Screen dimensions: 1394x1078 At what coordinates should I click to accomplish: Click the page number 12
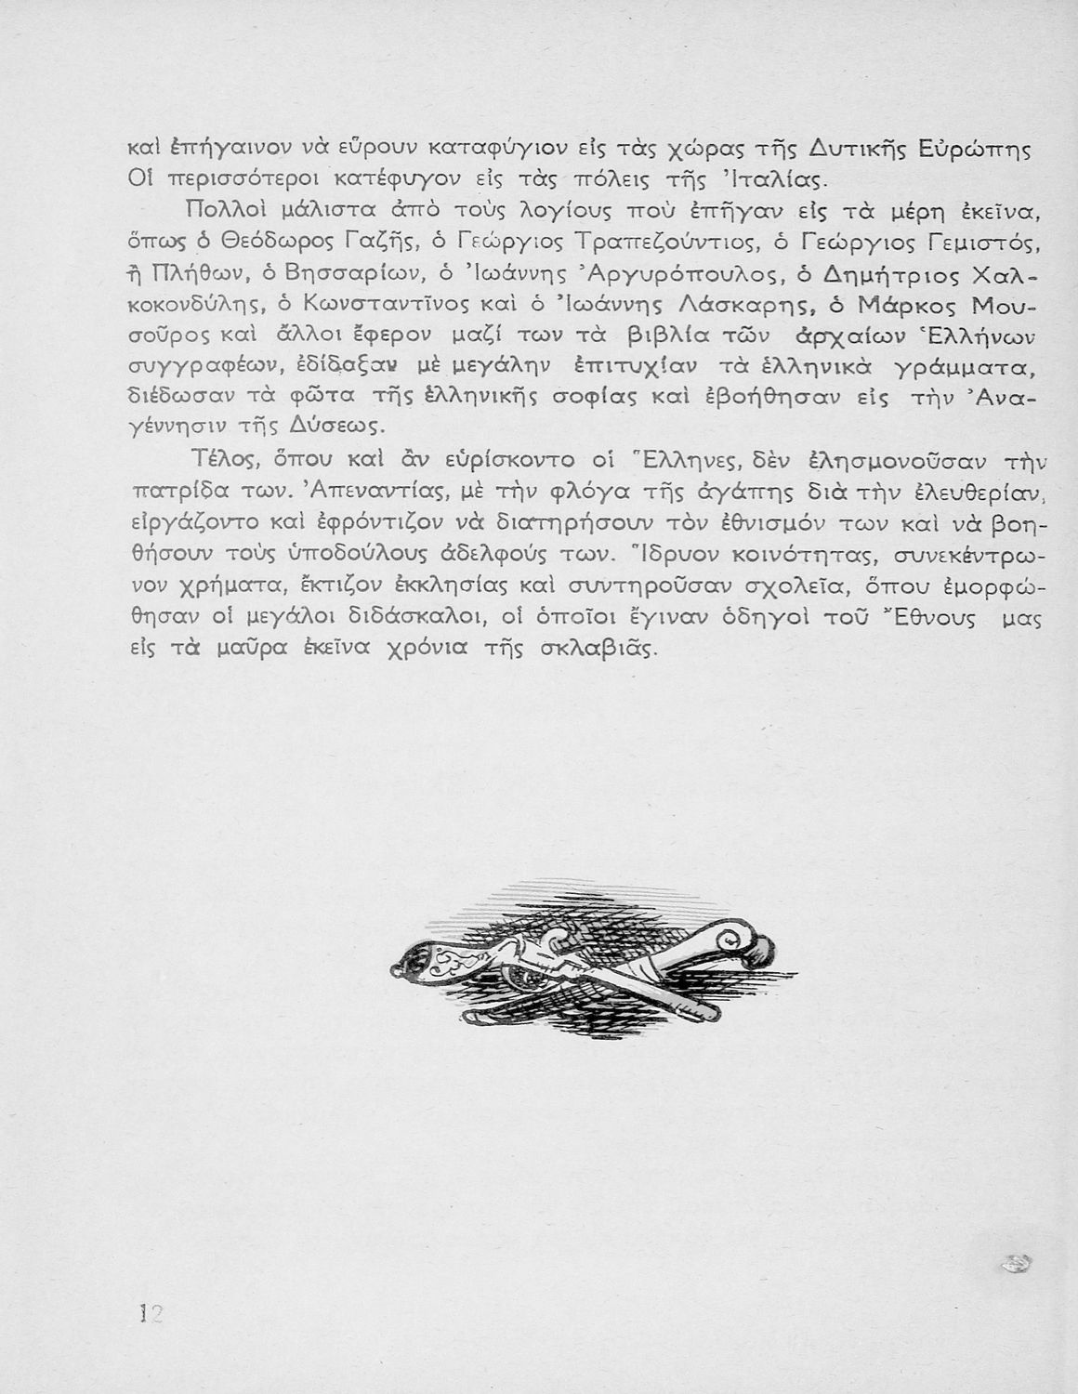click(x=145, y=1313)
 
